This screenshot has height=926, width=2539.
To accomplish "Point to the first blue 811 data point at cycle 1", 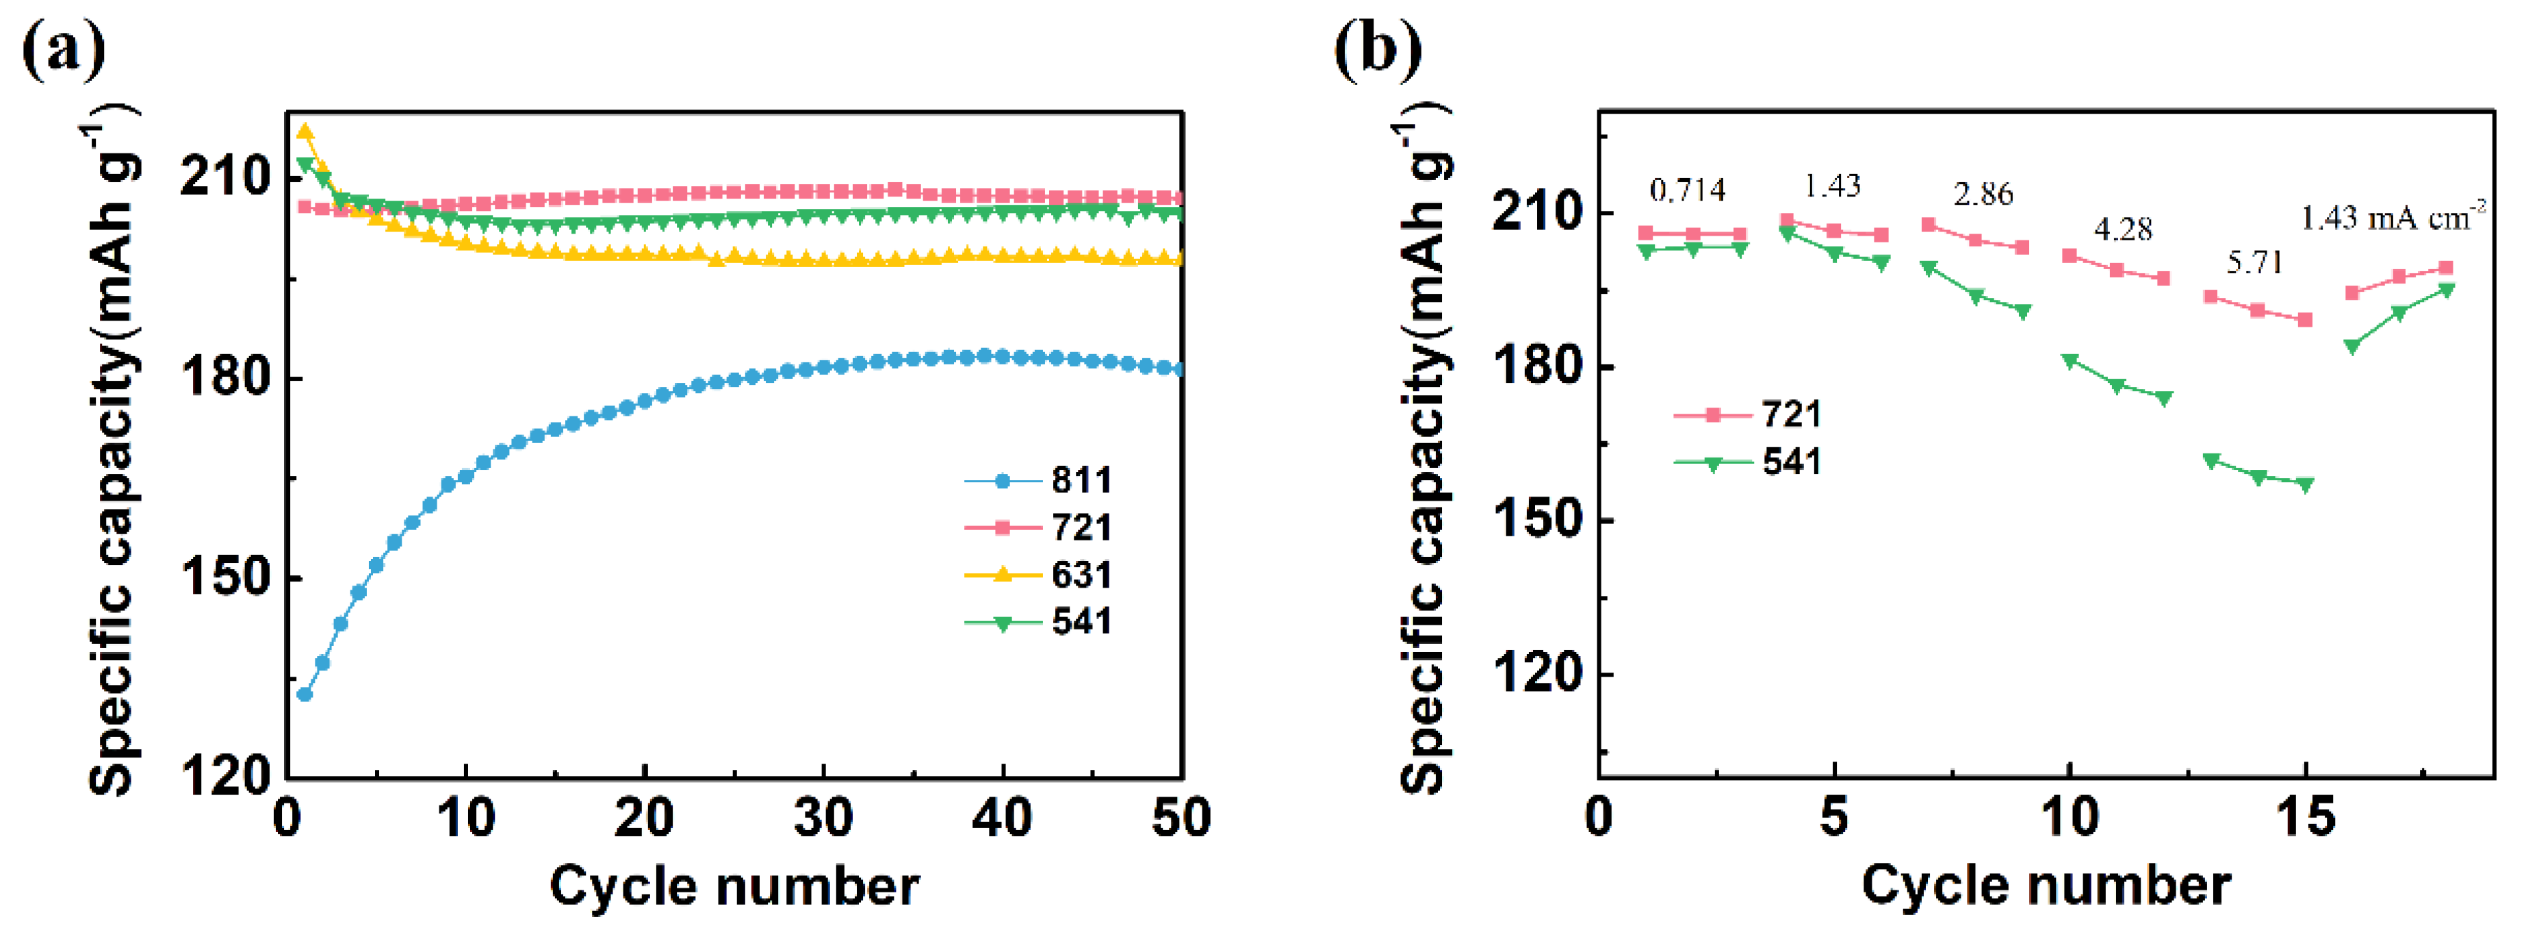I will click(305, 694).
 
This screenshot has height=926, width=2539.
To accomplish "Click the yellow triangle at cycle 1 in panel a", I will click(305, 131).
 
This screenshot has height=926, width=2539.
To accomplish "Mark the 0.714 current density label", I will click(1688, 189).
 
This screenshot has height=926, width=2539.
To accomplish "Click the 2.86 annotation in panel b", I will click(1983, 195).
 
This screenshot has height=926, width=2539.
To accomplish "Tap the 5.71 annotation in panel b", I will click(2254, 262).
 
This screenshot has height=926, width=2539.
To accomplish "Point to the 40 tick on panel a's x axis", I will click(1001, 818).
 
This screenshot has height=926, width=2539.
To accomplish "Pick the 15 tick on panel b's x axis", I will click(2304, 818).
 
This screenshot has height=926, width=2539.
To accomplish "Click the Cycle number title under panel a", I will click(734, 886).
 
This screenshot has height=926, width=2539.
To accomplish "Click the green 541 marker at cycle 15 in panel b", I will click(2304, 484).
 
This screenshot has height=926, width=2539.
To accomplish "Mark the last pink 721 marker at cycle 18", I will click(2445, 267).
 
